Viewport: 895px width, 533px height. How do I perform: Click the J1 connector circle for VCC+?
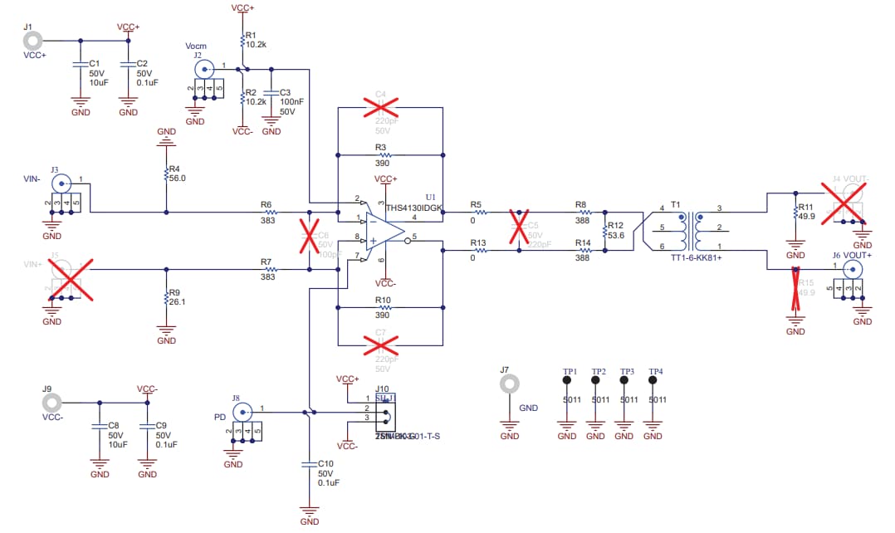tap(33, 40)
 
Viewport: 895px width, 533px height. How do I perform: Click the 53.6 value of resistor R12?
tap(616, 236)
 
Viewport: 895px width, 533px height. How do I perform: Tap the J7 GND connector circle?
tap(510, 384)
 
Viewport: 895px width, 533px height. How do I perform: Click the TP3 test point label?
tap(627, 371)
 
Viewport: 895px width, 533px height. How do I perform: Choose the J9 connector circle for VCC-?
tap(51, 404)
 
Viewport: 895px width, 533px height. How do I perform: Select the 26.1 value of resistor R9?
tap(177, 303)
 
